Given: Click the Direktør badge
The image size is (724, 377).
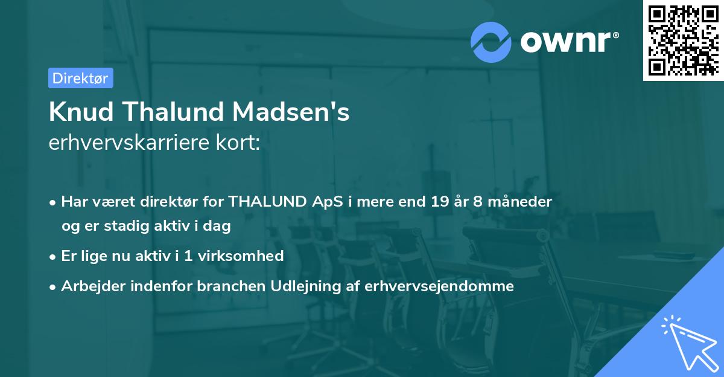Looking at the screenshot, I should [81, 78].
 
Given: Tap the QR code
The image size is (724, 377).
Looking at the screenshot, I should [683, 40].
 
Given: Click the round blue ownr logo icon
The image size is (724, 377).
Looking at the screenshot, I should [491, 42].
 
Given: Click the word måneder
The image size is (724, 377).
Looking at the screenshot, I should [521, 201].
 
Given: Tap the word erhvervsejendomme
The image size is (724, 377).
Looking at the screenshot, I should [440, 286].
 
